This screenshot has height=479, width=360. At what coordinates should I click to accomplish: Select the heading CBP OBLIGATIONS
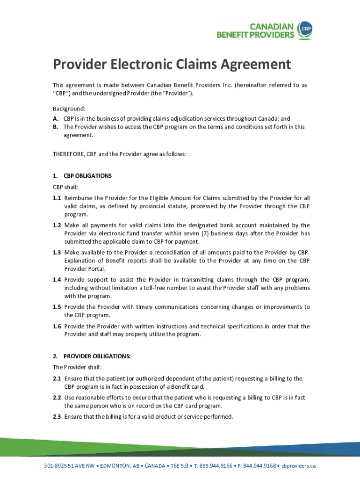[87, 176]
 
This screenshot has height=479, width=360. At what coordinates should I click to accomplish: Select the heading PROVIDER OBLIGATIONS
[97, 356]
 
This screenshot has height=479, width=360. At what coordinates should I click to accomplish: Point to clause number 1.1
[57, 198]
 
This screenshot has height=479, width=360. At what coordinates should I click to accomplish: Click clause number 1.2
[57, 225]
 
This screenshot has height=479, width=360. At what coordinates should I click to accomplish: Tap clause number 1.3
[57, 253]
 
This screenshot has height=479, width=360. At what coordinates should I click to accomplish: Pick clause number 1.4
[57, 280]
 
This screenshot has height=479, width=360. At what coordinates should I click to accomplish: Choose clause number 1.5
[57, 307]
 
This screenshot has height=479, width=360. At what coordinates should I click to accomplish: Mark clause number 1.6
[57, 327]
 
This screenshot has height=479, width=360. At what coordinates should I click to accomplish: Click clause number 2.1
[57, 378]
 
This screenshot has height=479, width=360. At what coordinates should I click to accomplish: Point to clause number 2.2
[57, 398]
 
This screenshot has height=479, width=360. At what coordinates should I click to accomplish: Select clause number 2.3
[57, 417]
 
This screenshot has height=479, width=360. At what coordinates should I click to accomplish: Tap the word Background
[68, 108]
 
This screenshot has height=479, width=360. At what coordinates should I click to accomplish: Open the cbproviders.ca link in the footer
[298, 466]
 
